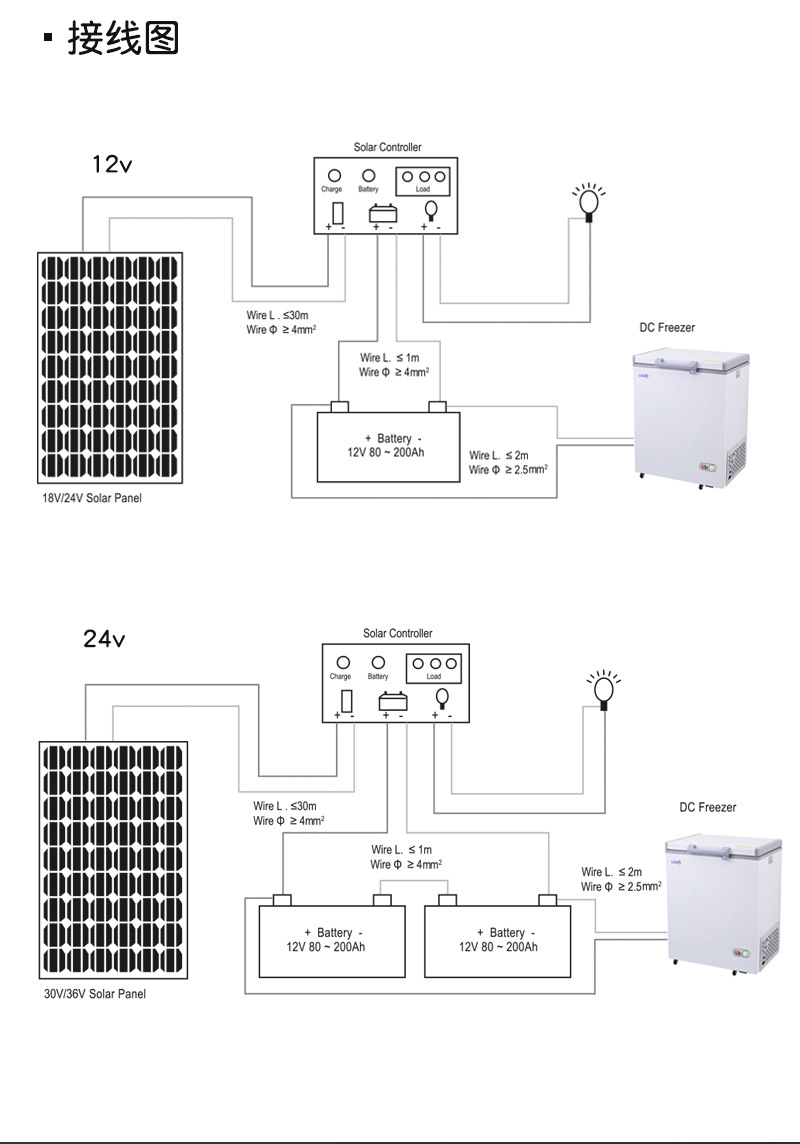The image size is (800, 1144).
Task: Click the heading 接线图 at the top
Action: click(122, 39)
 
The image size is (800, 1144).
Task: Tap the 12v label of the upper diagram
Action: click(111, 164)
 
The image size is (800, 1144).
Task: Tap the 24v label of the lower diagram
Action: click(104, 638)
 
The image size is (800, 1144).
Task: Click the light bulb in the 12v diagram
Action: click(589, 201)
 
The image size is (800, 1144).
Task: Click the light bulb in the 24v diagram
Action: click(603, 689)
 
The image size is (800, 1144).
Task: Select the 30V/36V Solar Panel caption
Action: click(95, 994)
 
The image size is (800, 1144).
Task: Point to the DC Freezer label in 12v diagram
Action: click(667, 328)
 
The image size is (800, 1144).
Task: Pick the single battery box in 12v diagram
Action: click(387, 446)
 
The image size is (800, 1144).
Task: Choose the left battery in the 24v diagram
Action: click(332, 940)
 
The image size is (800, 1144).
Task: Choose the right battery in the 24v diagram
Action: click(498, 940)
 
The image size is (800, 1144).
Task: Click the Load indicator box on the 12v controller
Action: click(423, 180)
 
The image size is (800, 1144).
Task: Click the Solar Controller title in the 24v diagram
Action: click(397, 633)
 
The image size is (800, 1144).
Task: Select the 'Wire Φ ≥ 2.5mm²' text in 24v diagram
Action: click(621, 887)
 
